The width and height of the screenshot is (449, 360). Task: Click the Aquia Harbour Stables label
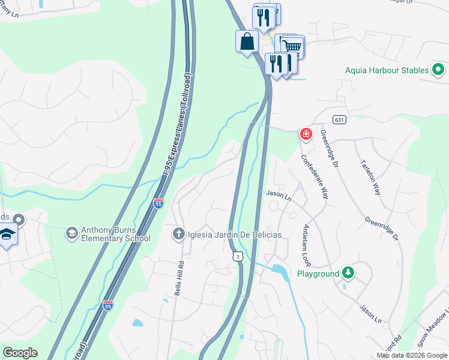[387, 70]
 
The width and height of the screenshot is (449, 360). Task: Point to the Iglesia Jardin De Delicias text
[234, 234]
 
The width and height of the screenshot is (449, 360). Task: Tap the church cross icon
[178, 233]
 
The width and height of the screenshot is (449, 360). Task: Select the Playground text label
[318, 274]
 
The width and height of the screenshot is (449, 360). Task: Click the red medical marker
[306, 133]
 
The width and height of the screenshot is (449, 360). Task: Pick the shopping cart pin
[292, 46]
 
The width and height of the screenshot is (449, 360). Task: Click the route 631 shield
[340, 119]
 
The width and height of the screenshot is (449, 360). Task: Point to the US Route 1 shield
[238, 256]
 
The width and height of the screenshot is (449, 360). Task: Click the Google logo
[20, 353]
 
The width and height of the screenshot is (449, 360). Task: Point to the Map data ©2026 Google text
[412, 355]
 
